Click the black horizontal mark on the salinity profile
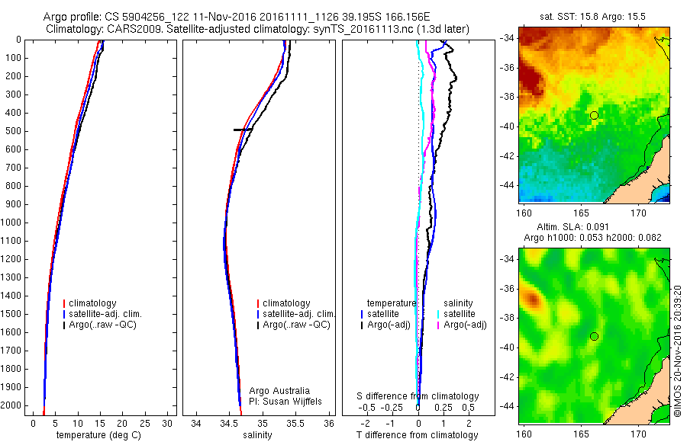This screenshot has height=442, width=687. [x=243, y=130]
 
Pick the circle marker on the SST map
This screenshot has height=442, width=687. [x=594, y=115]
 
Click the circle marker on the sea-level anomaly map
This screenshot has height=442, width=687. [x=594, y=336]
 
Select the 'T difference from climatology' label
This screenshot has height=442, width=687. [x=417, y=435]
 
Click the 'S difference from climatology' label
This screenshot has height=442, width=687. [x=418, y=396]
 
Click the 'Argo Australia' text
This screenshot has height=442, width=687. [x=279, y=391]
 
